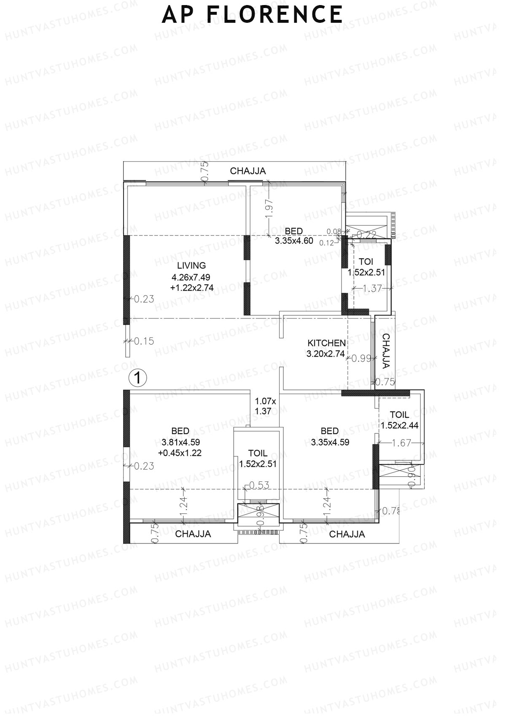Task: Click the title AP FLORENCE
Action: tap(252, 14)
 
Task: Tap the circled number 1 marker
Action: tap(137, 378)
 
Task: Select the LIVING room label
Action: tap(191, 265)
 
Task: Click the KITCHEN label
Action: tap(326, 343)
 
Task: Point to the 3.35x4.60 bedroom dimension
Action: tap(294, 241)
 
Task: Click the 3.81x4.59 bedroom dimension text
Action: tap(180, 443)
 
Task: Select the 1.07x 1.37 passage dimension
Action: tap(266, 406)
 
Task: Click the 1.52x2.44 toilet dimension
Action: tap(399, 425)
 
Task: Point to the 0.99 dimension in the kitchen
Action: tap(361, 359)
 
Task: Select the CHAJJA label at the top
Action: tap(248, 171)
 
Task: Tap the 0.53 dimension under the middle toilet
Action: tap(259, 485)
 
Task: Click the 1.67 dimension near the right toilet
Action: tap(401, 443)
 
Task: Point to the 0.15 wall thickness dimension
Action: tap(144, 341)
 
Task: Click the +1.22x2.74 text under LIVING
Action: tap(192, 288)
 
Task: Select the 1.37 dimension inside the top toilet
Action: tap(372, 289)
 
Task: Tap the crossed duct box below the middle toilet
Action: tap(258, 512)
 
